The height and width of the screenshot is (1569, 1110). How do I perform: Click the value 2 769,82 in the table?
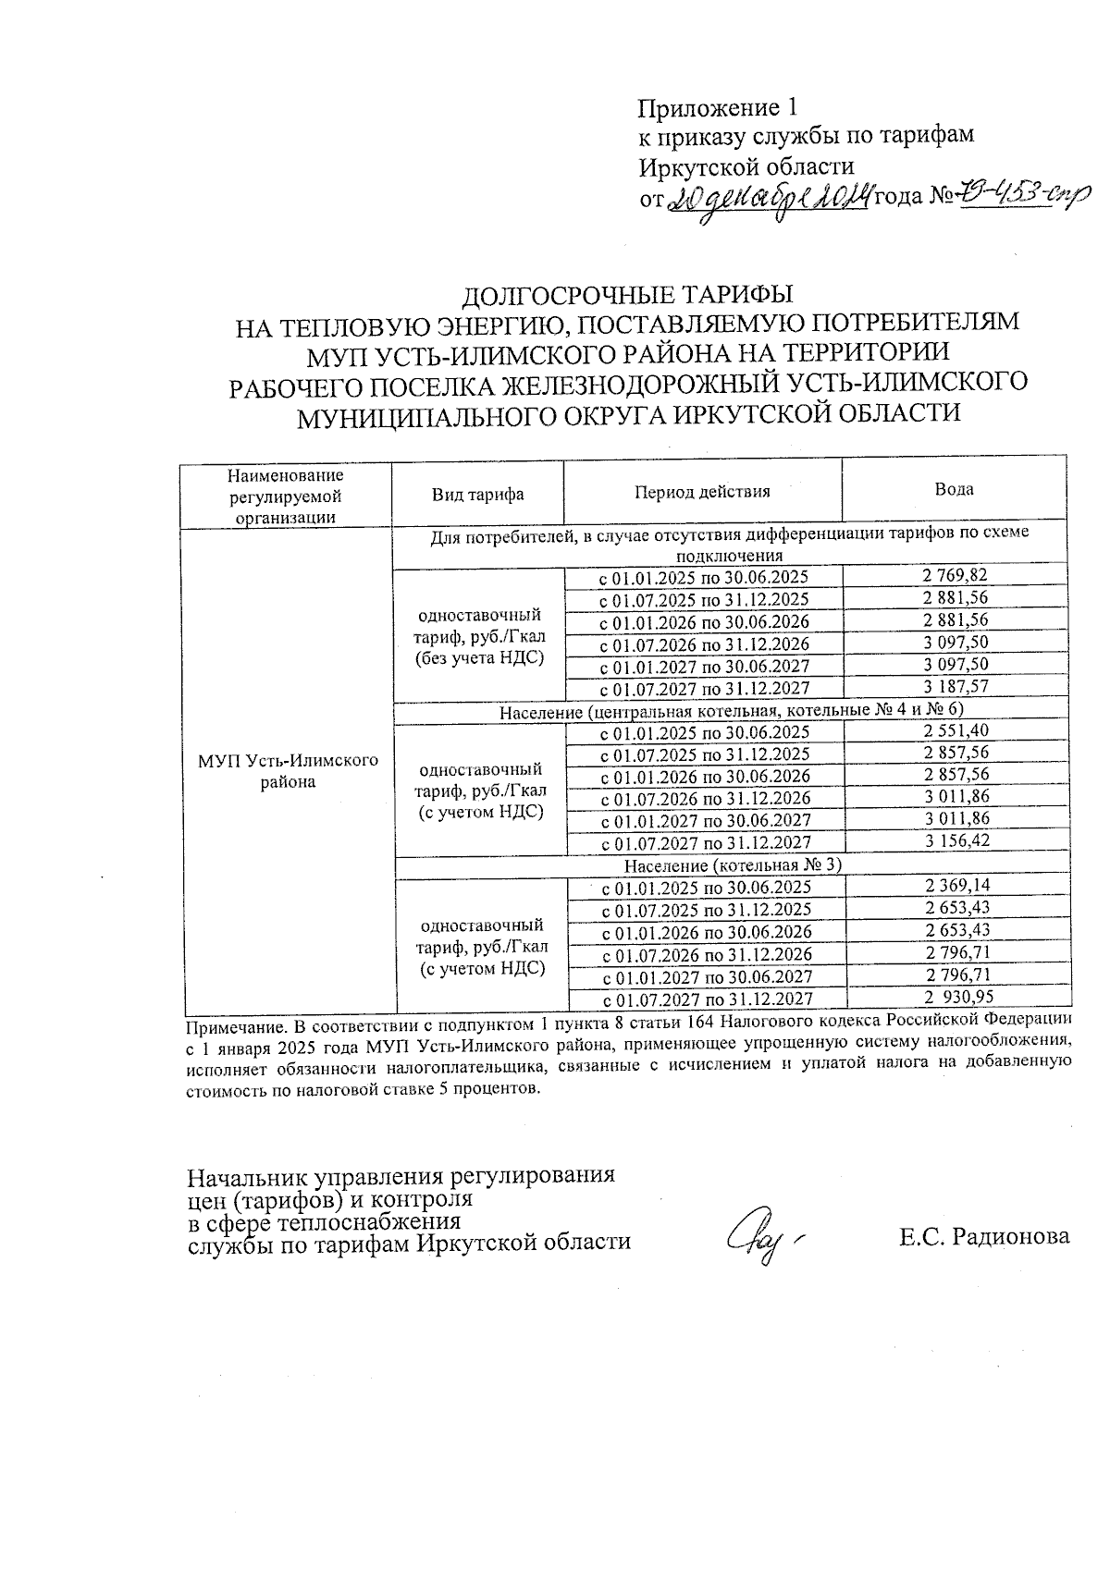point(955,576)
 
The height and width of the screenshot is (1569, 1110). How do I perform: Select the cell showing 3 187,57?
point(955,687)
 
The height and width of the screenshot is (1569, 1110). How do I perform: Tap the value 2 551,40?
point(955,730)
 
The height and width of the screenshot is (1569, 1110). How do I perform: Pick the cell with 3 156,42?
point(955,841)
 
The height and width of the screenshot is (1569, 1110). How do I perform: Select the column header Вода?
point(954,489)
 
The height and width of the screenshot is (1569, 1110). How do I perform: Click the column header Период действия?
point(702,492)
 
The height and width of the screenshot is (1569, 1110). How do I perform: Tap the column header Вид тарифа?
point(477,494)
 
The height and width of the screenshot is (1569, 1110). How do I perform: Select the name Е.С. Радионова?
point(983,1236)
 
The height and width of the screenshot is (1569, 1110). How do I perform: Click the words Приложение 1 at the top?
point(716,108)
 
